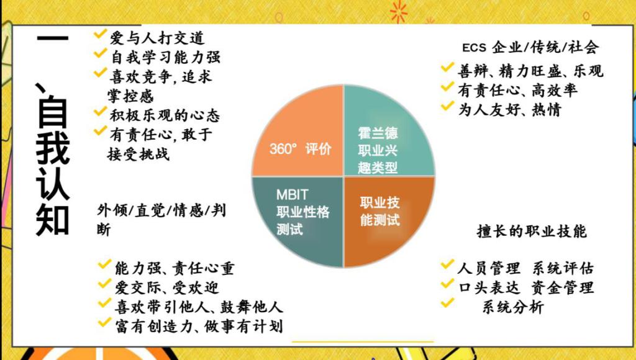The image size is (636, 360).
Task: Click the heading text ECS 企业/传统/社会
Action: click(x=530, y=47)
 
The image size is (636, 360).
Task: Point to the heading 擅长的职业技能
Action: click(x=532, y=231)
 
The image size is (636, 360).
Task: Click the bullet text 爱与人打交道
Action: click(x=157, y=38)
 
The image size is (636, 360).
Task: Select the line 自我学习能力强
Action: click(x=165, y=56)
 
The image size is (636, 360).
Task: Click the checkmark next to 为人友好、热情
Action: click(x=447, y=106)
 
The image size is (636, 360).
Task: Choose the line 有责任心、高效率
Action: click(x=517, y=90)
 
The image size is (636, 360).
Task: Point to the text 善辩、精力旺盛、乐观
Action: click(x=530, y=71)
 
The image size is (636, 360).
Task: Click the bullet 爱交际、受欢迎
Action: click(x=166, y=287)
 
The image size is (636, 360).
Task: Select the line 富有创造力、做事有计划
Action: click(x=199, y=326)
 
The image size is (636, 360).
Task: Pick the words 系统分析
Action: click(x=512, y=307)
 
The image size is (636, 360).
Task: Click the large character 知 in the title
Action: click(x=52, y=219)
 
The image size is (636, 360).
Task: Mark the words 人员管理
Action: click(x=489, y=268)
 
